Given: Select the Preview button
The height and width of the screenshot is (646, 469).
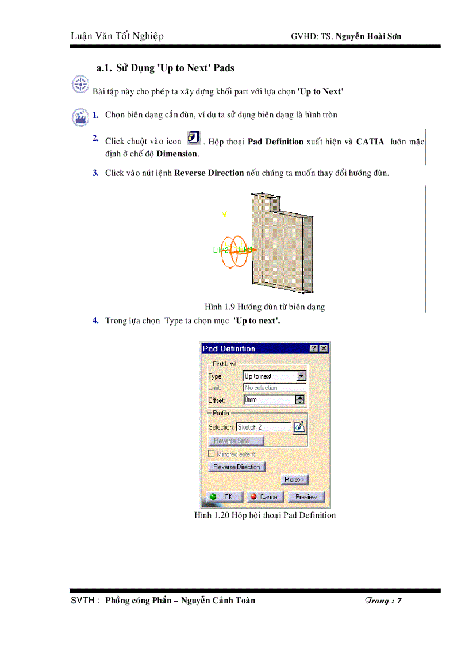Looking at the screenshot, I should (x=306, y=496).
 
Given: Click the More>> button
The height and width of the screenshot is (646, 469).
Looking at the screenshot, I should (x=295, y=480).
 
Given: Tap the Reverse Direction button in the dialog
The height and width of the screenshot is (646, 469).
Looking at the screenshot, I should (x=236, y=467).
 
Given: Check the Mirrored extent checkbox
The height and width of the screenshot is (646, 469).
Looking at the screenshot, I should (x=212, y=454).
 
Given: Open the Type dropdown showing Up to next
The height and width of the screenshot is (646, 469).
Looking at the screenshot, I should (x=301, y=376).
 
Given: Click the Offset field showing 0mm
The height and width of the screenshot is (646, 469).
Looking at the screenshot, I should (x=269, y=400).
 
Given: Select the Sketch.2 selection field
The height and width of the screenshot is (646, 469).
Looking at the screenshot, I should (x=263, y=427).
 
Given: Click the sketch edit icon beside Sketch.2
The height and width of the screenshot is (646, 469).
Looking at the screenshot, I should (x=299, y=427).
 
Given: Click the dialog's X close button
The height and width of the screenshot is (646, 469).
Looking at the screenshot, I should (x=324, y=349).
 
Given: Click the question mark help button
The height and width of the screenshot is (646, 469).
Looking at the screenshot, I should (x=314, y=349).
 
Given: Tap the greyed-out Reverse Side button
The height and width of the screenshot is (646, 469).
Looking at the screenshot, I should (x=236, y=441).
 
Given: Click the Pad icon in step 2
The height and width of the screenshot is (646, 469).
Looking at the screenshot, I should (x=194, y=138).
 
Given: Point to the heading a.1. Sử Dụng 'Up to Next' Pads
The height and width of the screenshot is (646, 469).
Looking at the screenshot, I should (x=166, y=68).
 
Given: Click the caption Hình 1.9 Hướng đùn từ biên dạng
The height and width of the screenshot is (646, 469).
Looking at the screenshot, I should (x=264, y=307).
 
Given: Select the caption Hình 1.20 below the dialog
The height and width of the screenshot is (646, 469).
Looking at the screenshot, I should (x=264, y=515).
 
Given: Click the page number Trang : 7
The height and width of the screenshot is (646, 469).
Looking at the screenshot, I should (x=383, y=601).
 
